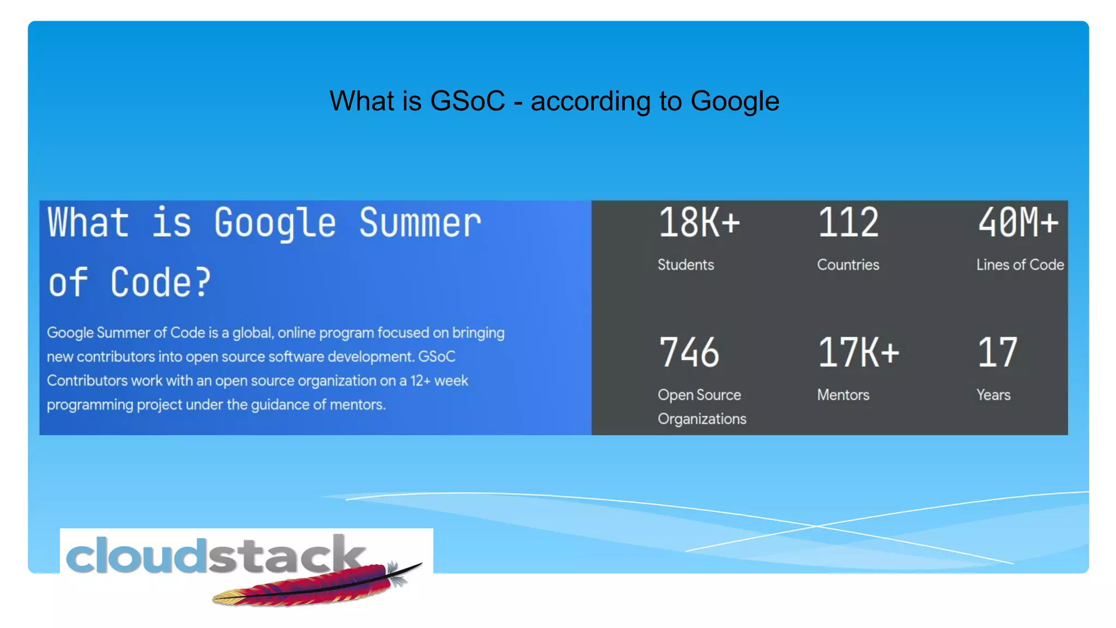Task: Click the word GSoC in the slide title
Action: [468, 101]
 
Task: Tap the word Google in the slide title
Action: [735, 101]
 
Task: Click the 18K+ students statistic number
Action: [699, 223]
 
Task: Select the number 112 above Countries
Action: [848, 223]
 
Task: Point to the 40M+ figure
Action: [1018, 223]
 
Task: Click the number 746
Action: [689, 353]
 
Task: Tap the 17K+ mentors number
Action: [858, 353]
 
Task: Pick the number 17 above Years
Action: [997, 353]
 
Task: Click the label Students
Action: [686, 265]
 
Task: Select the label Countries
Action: [848, 265]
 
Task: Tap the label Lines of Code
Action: [1020, 265]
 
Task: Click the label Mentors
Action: [843, 395]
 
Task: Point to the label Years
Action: [993, 395]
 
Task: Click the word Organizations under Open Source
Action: [702, 419]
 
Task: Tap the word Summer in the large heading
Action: [420, 223]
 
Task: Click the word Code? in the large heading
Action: [160, 283]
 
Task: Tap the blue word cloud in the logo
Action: [136, 556]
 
